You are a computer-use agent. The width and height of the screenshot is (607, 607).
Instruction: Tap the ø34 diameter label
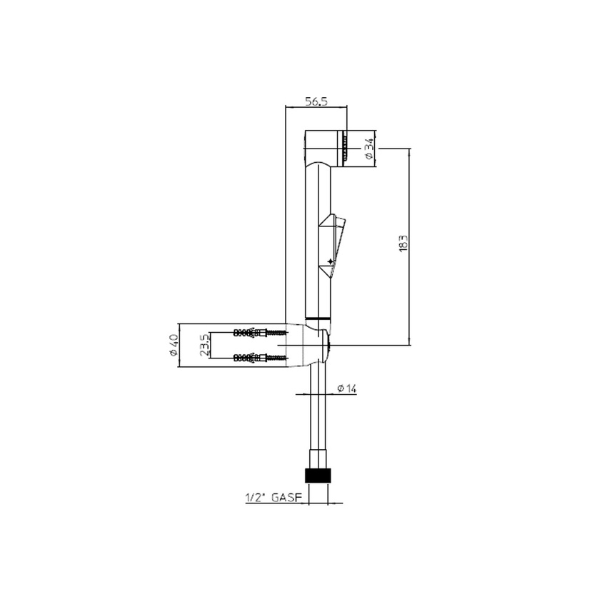click(x=369, y=149)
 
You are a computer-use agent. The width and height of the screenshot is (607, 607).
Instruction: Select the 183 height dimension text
click(x=403, y=243)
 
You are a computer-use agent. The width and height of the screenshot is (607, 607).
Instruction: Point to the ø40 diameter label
click(x=173, y=346)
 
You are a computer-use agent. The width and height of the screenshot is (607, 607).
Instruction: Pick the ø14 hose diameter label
click(x=346, y=388)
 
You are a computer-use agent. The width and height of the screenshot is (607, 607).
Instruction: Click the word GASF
click(x=286, y=498)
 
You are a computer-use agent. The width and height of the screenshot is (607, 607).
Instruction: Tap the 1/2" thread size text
click(x=254, y=498)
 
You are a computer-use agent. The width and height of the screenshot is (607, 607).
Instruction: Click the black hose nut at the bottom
click(x=318, y=476)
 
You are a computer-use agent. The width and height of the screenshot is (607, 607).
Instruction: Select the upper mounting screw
click(x=260, y=332)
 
